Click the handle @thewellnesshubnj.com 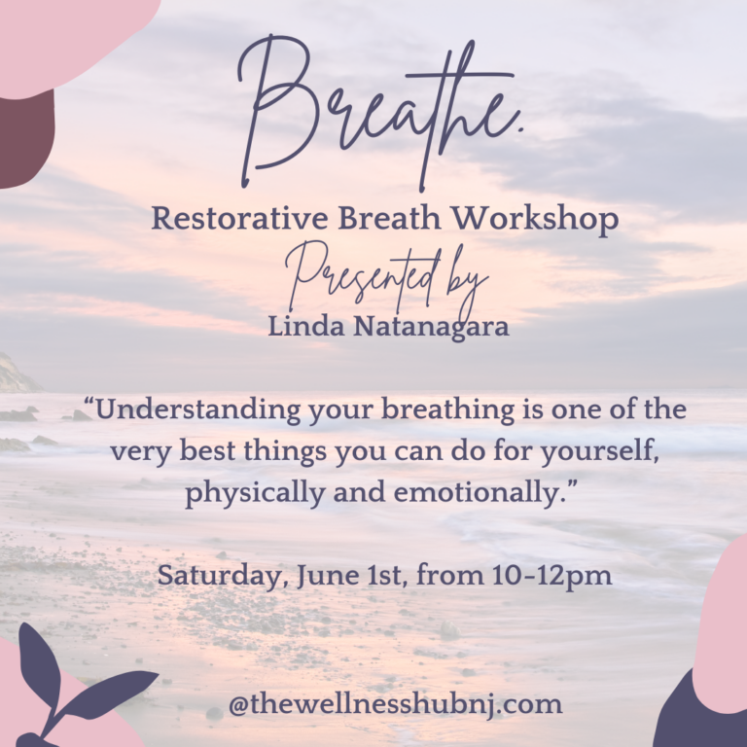[x=395, y=703]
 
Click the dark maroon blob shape [x=24, y=136]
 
